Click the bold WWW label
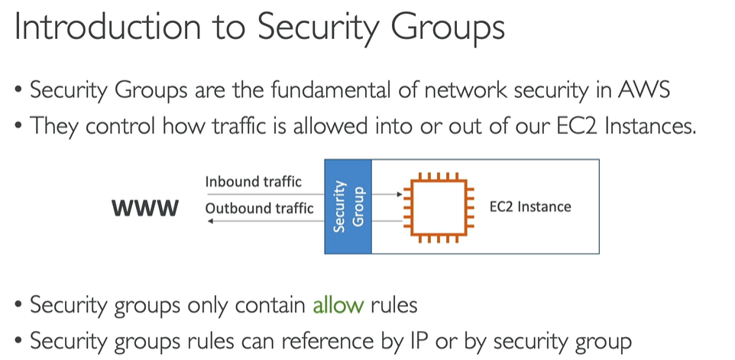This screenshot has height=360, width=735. click(x=146, y=208)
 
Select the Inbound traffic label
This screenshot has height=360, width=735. click(x=253, y=182)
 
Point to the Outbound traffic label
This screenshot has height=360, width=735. click(x=259, y=208)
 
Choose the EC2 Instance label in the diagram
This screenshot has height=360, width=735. click(x=530, y=206)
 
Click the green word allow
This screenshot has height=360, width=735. click(x=338, y=306)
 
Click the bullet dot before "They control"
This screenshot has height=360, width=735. click(x=18, y=126)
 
